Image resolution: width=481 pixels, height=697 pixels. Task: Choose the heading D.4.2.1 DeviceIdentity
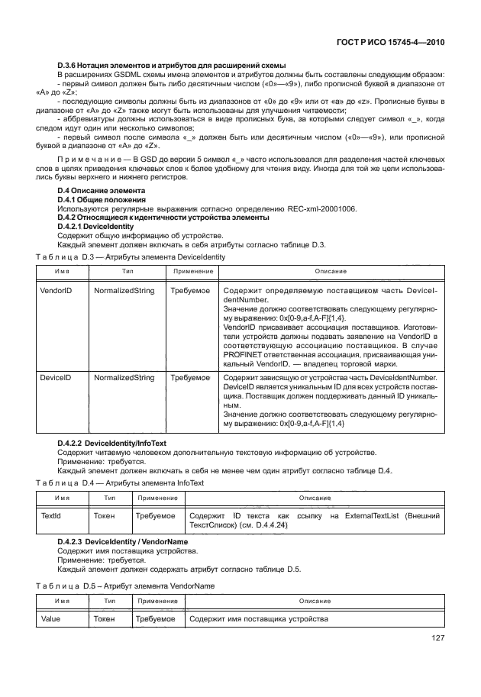click(x=96, y=227)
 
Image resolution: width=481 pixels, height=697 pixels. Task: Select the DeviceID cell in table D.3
click(x=55, y=377)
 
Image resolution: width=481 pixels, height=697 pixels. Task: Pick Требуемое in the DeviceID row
click(x=189, y=377)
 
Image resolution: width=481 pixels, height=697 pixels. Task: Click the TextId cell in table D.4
click(x=50, y=517)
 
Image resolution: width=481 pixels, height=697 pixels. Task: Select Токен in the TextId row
click(x=105, y=517)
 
